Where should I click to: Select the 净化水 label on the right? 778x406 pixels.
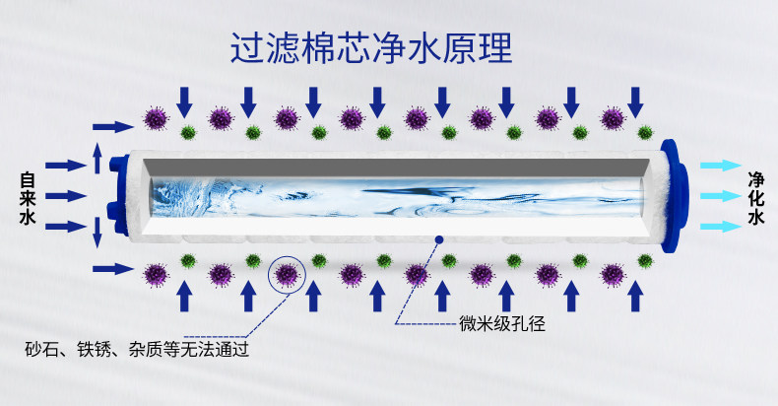tap(755, 198)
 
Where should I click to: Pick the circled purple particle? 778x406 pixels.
tap(287, 275)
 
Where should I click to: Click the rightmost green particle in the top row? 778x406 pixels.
tap(644, 131)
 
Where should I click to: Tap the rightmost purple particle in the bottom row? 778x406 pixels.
tap(612, 274)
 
